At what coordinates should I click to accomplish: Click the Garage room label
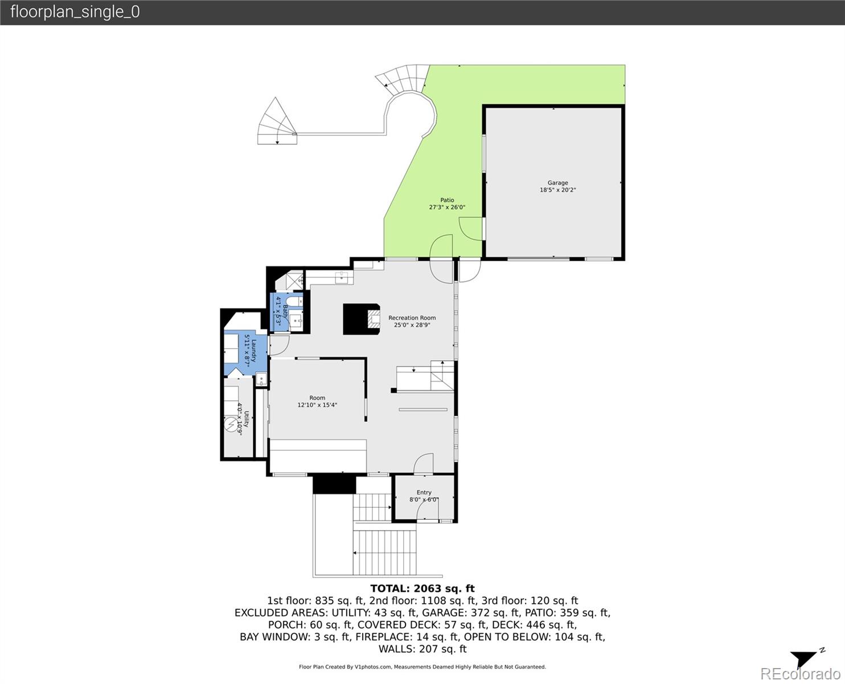point(557,183)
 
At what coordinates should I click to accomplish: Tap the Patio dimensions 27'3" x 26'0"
point(447,207)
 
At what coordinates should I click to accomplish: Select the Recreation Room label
point(412,318)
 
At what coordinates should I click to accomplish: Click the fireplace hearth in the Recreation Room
point(373,319)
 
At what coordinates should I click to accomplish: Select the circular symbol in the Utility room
point(231,425)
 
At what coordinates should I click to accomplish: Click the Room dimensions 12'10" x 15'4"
point(317,405)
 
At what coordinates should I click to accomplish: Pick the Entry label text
point(424,492)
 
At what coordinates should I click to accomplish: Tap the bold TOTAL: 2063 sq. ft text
point(422,588)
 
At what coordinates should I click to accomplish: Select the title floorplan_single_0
point(75,12)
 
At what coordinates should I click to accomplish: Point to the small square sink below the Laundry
point(261,380)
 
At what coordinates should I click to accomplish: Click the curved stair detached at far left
point(277,121)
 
